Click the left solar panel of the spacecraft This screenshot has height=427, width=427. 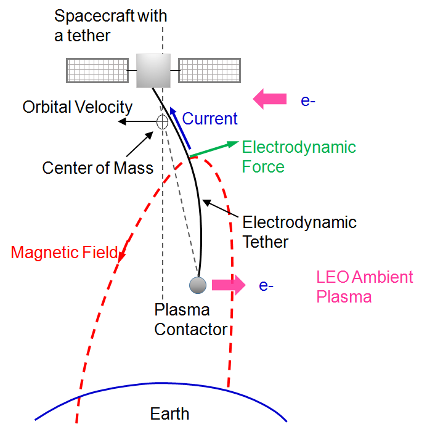point(97,70)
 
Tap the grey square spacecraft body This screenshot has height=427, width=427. point(153,70)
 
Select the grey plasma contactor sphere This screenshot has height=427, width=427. point(198,285)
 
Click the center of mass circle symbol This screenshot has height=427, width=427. point(162,121)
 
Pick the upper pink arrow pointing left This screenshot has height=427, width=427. point(270,98)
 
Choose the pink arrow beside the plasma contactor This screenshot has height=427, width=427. point(229,284)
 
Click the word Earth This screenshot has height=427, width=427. point(169,413)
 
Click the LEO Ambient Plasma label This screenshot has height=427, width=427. point(364,287)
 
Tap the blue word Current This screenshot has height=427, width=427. point(210,118)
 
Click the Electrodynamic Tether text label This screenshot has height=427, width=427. point(299,231)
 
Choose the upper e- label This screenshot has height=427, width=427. point(308,100)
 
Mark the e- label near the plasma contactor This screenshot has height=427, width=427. point(266,285)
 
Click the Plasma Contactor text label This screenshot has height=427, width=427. point(190,319)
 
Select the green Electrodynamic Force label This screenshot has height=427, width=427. point(298,157)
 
